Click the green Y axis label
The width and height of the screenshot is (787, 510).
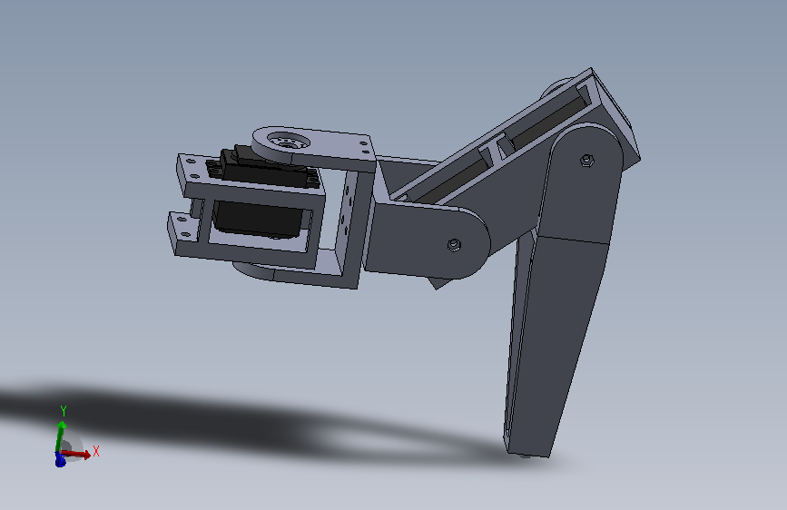(x=64, y=410)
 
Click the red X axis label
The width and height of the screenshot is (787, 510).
(x=96, y=451)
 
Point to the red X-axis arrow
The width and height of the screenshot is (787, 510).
(x=75, y=455)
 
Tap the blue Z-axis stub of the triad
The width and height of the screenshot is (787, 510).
(x=60, y=459)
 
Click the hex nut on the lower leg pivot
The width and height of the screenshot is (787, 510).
(x=586, y=161)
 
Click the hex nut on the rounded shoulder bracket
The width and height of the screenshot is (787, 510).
(x=454, y=245)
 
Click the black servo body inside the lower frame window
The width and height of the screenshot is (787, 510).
(x=258, y=219)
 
